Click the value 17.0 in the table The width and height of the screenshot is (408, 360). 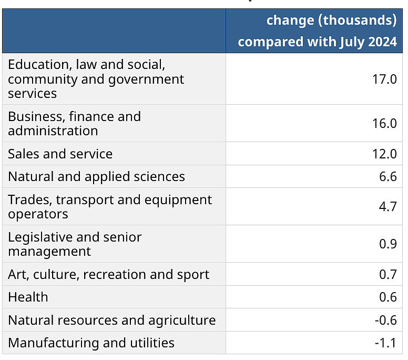pos(384,79)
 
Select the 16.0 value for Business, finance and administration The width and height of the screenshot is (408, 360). pos(384,124)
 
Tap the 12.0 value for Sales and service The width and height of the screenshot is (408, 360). pos(384,154)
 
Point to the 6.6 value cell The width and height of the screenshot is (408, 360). pos(388,177)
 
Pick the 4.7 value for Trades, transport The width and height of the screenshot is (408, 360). pos(388,206)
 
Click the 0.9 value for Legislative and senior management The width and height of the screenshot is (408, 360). pos(388,244)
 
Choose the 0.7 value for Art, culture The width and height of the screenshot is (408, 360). pos(388,274)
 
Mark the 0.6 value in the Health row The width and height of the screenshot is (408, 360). pos(388,297)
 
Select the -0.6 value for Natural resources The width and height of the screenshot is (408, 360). pos(386,320)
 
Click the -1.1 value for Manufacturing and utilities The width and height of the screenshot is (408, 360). pos(386,343)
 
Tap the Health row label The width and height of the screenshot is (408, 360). pos(28,297)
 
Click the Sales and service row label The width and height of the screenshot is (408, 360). pos(60,154)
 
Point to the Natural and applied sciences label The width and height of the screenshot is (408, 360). pos(97,177)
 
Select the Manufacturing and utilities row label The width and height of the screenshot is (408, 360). pos(91,343)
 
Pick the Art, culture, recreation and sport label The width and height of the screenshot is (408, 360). pos(109,275)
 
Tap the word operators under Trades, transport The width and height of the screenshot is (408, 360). pos(38,214)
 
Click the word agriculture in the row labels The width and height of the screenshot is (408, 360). pos(182,321)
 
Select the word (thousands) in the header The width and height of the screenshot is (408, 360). pos(357,21)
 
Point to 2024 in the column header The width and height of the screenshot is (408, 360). pos(383,42)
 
